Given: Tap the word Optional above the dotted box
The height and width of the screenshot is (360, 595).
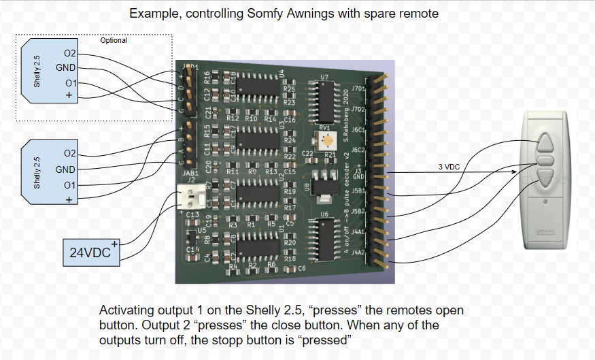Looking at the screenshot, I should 114,41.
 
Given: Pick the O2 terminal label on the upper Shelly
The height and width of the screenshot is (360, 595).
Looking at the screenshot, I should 70,53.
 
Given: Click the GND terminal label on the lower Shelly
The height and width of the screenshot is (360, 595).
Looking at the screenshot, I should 66,169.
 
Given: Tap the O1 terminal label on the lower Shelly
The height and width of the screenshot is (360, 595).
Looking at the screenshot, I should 70,185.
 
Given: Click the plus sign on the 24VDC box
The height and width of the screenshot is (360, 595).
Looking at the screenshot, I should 115,243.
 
